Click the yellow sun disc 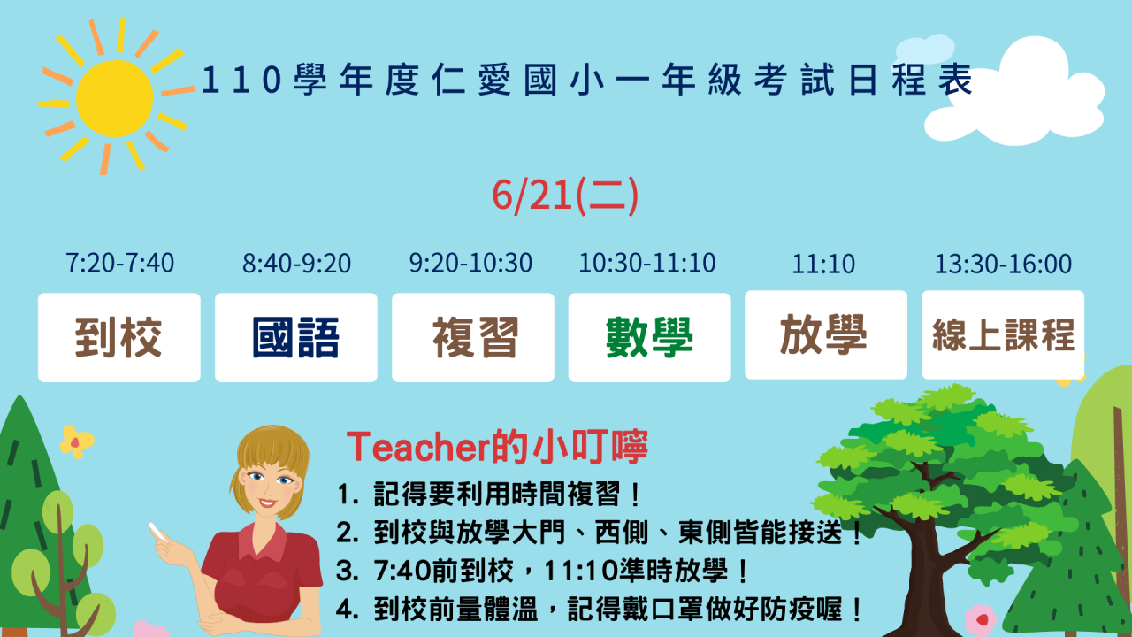tap(115, 98)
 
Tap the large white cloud tap(1016, 96)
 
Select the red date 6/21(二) tap(565, 196)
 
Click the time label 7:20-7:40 tap(119, 263)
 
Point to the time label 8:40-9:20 tap(296, 264)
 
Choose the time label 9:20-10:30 tap(470, 263)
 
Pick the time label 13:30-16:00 tap(1003, 264)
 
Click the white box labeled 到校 tap(119, 337)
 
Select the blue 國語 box tap(296, 337)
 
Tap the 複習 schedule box tap(473, 337)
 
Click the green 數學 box tap(649, 337)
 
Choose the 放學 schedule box tap(826, 334)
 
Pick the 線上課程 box tap(1003, 334)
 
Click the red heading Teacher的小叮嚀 tap(497, 447)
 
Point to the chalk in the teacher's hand tap(157, 532)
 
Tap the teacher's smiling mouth tap(267, 503)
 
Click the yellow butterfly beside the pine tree tap(76, 441)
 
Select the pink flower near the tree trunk tap(981, 619)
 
